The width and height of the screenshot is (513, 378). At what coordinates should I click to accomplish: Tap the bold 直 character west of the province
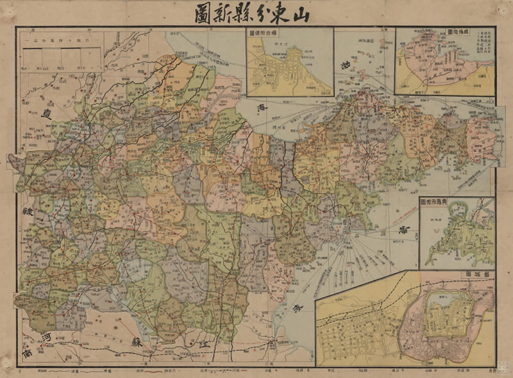point(46,115)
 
